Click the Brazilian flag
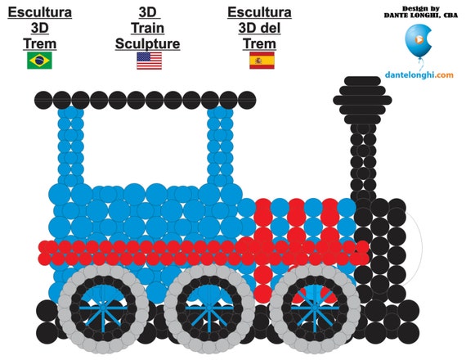[x=39, y=61]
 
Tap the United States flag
[x=149, y=61]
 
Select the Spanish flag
[x=262, y=61]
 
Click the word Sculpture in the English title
[x=147, y=43]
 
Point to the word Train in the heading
[x=147, y=28]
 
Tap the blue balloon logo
[x=419, y=41]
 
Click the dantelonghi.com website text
[x=419, y=74]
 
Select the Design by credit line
[x=420, y=9]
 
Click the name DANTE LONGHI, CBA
[x=420, y=16]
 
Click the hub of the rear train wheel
[x=103, y=308]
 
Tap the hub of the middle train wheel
[x=209, y=308]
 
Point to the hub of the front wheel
[x=315, y=308]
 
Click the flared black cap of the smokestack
[x=362, y=101]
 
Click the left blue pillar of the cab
[x=71, y=146]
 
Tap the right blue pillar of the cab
[x=220, y=146]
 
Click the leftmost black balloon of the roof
[x=43, y=100]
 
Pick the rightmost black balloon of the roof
[x=247, y=100]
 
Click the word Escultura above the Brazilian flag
[x=39, y=12]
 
